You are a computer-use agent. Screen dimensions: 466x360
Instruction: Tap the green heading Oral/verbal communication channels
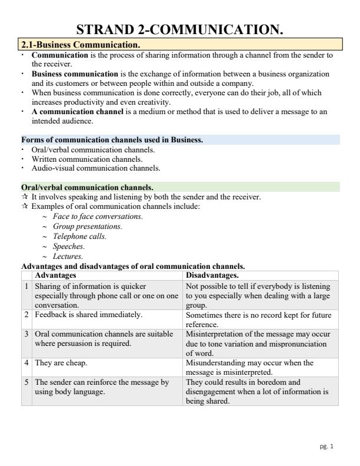[87, 188]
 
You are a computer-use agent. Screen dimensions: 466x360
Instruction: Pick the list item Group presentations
[88, 226]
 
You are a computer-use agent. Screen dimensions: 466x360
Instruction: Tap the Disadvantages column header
[211, 275]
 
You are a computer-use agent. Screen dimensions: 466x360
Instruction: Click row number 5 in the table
[26, 382]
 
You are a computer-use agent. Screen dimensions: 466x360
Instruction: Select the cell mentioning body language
[102, 386]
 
